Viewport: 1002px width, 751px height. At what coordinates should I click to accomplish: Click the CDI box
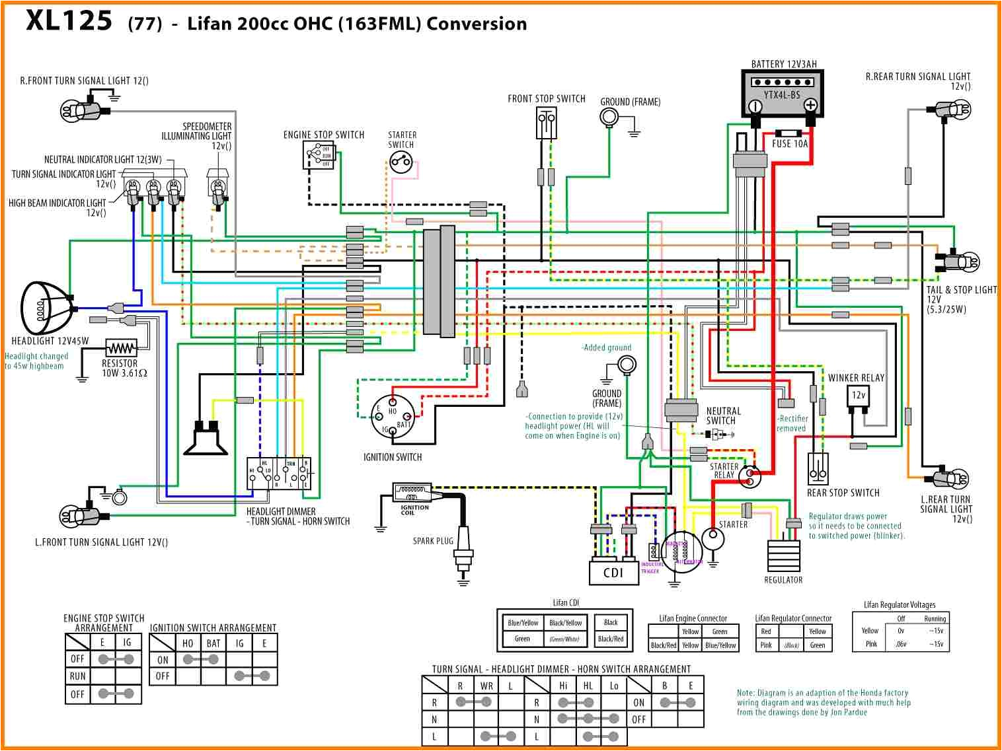coord(613,573)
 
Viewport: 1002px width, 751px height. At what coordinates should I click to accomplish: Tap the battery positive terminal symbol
coord(810,105)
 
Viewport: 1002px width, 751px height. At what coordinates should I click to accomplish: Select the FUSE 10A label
coord(790,144)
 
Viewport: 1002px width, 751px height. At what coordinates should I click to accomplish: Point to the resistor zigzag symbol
coord(121,347)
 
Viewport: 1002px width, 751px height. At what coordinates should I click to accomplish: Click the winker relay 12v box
coord(859,396)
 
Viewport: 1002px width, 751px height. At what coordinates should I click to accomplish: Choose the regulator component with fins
coord(783,556)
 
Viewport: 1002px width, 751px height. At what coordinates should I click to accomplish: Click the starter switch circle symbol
coord(401,161)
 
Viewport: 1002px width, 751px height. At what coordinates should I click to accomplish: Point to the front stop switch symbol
coord(546,123)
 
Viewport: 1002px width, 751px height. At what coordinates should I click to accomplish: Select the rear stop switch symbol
coord(818,469)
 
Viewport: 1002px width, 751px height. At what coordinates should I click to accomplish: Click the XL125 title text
coord(69,21)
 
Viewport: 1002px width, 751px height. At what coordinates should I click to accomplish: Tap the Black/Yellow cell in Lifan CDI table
coord(566,622)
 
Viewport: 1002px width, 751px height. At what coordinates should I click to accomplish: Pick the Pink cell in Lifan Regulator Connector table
coord(766,645)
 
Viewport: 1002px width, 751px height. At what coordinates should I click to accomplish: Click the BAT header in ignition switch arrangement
coord(213,643)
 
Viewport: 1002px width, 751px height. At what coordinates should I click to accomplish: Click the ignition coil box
coord(412,493)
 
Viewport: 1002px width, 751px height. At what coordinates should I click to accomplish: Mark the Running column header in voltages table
coord(935,619)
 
